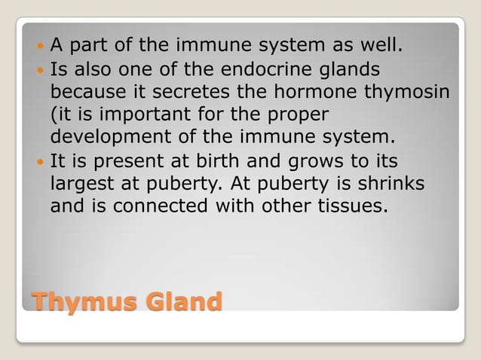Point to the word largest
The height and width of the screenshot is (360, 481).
coord(82,184)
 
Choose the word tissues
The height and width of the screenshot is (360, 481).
coord(354,206)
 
